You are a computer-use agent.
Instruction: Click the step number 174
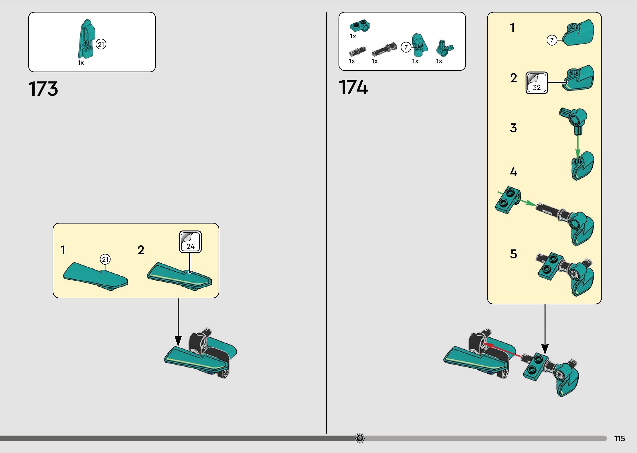click(353, 87)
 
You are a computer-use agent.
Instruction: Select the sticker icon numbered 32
click(537, 83)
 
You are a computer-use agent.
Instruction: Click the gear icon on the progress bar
click(360, 438)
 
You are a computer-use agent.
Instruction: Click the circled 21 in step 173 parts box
click(101, 44)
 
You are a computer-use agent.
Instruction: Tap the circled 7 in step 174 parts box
click(406, 47)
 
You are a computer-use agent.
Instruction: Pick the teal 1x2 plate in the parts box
click(360, 26)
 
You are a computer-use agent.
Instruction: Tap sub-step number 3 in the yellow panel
click(513, 128)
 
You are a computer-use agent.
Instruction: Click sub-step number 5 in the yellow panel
click(513, 254)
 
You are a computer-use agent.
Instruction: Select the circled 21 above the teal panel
click(105, 259)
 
